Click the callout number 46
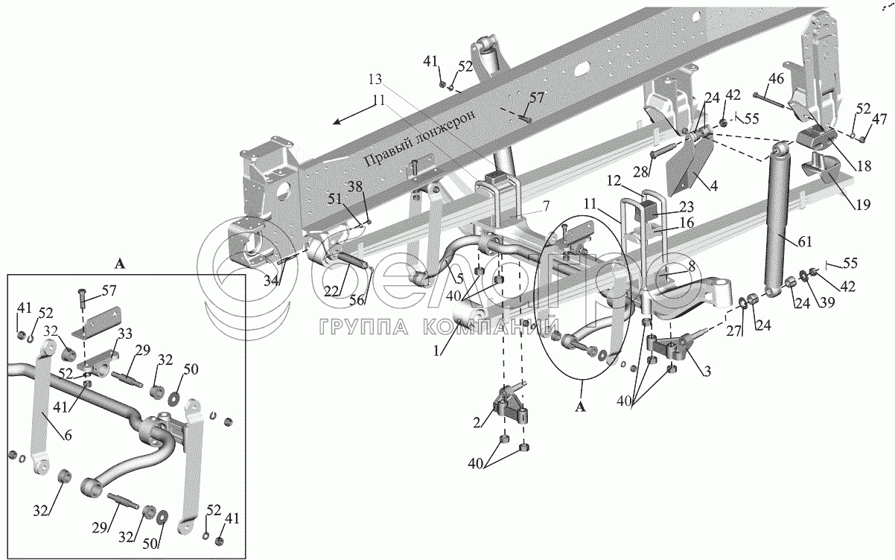776,80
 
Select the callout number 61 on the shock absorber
804,242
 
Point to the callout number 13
375,80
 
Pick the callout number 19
863,205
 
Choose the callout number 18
864,165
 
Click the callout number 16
686,223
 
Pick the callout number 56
357,300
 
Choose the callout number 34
271,281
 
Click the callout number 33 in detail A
125,334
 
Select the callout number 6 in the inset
68,436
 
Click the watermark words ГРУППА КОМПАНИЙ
439,328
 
